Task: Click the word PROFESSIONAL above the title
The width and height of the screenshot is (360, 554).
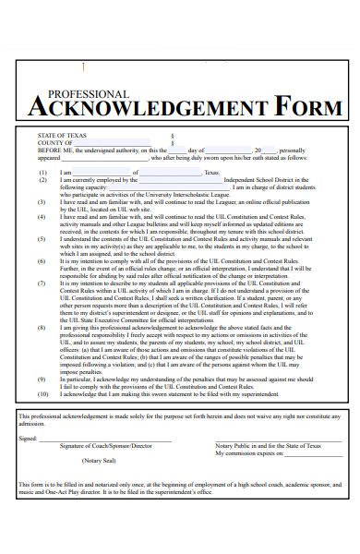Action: (88, 94)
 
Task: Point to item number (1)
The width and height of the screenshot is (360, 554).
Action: (42, 172)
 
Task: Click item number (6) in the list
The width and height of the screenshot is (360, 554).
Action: (42, 261)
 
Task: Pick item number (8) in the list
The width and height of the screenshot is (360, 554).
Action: (42, 328)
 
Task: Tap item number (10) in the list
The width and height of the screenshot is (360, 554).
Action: (43, 394)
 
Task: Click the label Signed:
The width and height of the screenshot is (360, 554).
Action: (28, 439)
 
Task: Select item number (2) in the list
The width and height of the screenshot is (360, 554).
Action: (42, 179)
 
